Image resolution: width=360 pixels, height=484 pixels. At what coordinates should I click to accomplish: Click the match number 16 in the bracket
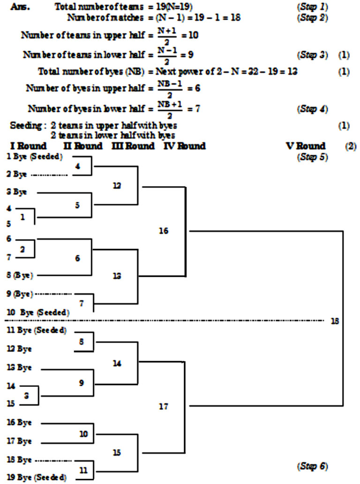tap(163, 231)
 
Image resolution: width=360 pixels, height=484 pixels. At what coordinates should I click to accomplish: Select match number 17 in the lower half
tap(163, 406)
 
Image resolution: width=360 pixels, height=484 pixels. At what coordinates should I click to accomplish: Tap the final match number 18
tap(335, 321)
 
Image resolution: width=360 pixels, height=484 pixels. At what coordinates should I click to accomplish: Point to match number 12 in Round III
tap(117, 186)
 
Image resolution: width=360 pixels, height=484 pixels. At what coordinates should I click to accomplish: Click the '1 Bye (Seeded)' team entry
tap(36, 157)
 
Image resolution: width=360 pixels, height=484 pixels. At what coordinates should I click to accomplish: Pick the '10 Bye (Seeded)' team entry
tap(38, 312)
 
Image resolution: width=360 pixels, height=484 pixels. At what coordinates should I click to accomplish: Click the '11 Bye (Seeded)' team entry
tap(37, 330)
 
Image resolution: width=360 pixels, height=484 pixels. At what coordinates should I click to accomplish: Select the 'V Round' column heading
tap(305, 146)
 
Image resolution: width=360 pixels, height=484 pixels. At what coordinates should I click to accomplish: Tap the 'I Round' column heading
tap(28, 146)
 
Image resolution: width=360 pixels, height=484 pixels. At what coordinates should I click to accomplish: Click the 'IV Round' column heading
tap(184, 146)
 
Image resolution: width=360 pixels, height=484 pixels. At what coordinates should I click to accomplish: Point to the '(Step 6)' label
tap(312, 466)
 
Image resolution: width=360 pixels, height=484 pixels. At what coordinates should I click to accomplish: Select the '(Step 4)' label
tap(312, 109)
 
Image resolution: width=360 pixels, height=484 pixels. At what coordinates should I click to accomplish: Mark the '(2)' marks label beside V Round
tap(351, 146)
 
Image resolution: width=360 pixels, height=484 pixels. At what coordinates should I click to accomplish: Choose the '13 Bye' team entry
tap(20, 367)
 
